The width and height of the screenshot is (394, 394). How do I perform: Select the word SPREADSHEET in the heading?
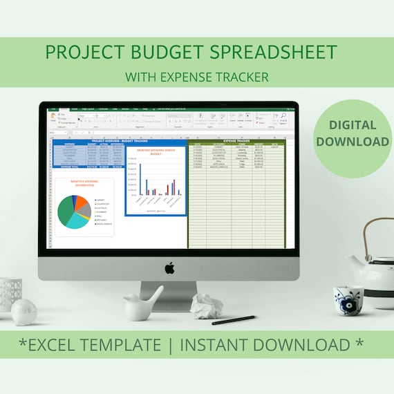pyautogui.click(x=277, y=53)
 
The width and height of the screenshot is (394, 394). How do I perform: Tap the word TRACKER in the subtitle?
pyautogui.click(x=242, y=77)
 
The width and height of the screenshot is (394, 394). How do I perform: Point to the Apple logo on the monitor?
pyautogui.click(x=169, y=268)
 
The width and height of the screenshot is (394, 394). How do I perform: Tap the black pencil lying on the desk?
pyautogui.click(x=233, y=320)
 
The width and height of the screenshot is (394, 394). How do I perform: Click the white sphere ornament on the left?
pyautogui.click(x=24, y=312)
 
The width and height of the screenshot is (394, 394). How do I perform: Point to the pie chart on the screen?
pyautogui.click(x=73, y=212)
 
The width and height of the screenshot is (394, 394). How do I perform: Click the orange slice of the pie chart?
pyautogui.click(x=82, y=203)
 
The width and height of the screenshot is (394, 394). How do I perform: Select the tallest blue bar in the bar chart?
pyautogui.click(x=140, y=179)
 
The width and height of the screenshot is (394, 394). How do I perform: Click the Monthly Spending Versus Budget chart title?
pyautogui.click(x=156, y=153)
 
